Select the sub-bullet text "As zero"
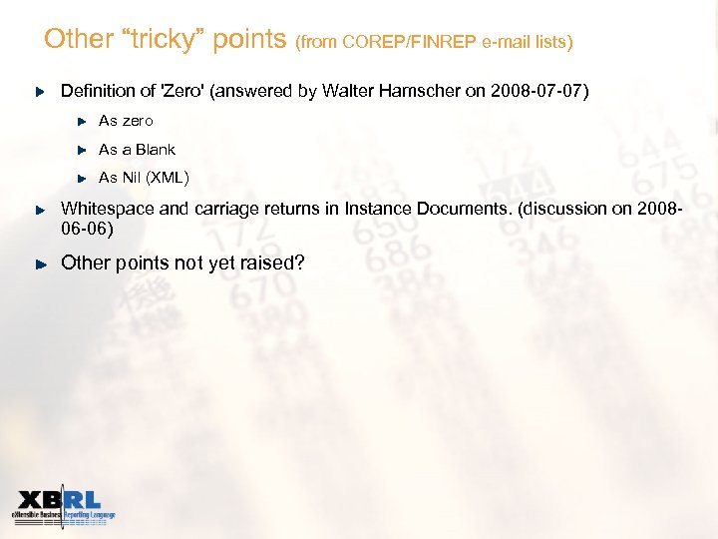click(x=126, y=121)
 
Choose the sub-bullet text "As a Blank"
click(x=137, y=150)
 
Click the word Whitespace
click(x=108, y=209)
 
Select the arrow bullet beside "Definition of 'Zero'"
click(x=41, y=92)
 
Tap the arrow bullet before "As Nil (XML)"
click(x=83, y=179)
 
